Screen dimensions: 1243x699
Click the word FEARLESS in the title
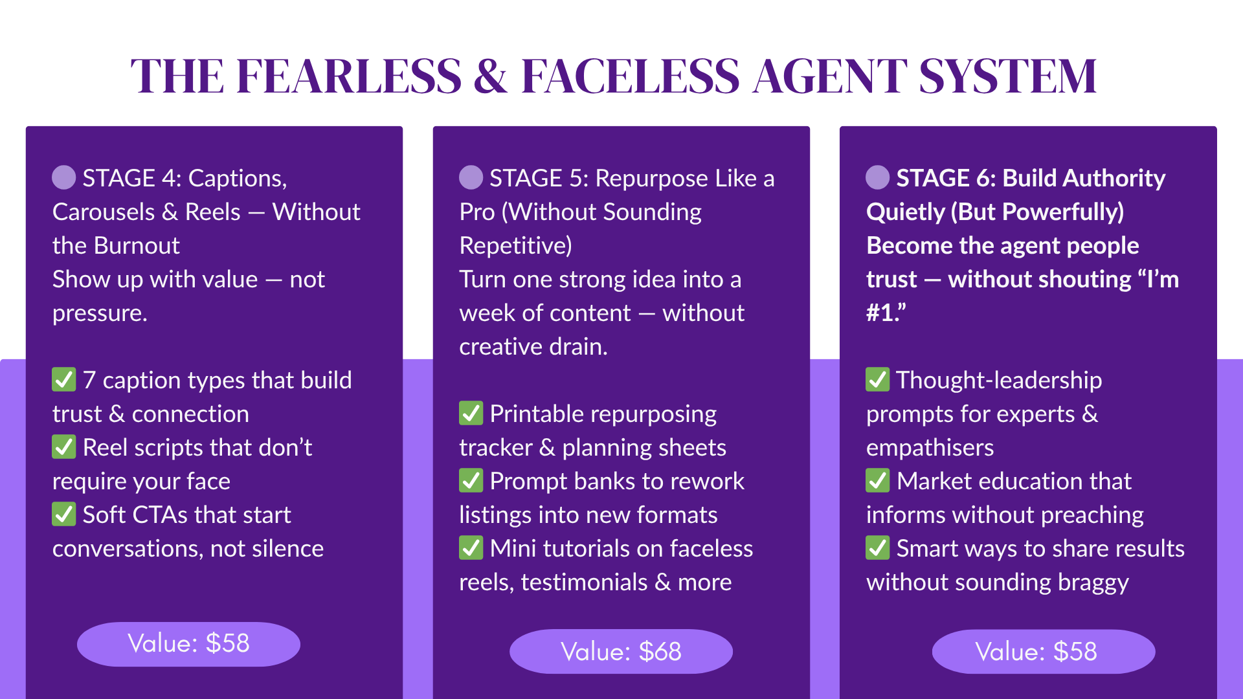[x=349, y=76]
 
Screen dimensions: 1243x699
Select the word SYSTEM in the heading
[x=1007, y=76]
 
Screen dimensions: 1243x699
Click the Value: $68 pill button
[x=621, y=651]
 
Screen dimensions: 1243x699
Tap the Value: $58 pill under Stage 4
[x=188, y=644]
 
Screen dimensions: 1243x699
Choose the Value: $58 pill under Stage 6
[x=1044, y=651]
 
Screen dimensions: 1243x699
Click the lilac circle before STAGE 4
[x=64, y=177]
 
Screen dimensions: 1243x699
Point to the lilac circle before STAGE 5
[x=471, y=177]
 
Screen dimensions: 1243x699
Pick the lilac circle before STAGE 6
[x=878, y=177]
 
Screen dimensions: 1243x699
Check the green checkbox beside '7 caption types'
[x=64, y=379]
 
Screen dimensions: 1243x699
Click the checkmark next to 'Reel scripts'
[x=64, y=447]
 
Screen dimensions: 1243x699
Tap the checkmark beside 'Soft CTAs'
[x=64, y=514]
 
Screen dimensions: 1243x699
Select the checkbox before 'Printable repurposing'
[x=471, y=413]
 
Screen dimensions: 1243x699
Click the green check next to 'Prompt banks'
[x=471, y=480]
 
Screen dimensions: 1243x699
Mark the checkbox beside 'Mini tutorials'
[x=471, y=548]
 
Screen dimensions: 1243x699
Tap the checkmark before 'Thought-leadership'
[x=878, y=379]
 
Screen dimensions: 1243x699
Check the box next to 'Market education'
[x=878, y=480]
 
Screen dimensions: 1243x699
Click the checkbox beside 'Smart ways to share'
[x=878, y=548]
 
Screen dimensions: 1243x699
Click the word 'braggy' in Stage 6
[x=1093, y=583]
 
